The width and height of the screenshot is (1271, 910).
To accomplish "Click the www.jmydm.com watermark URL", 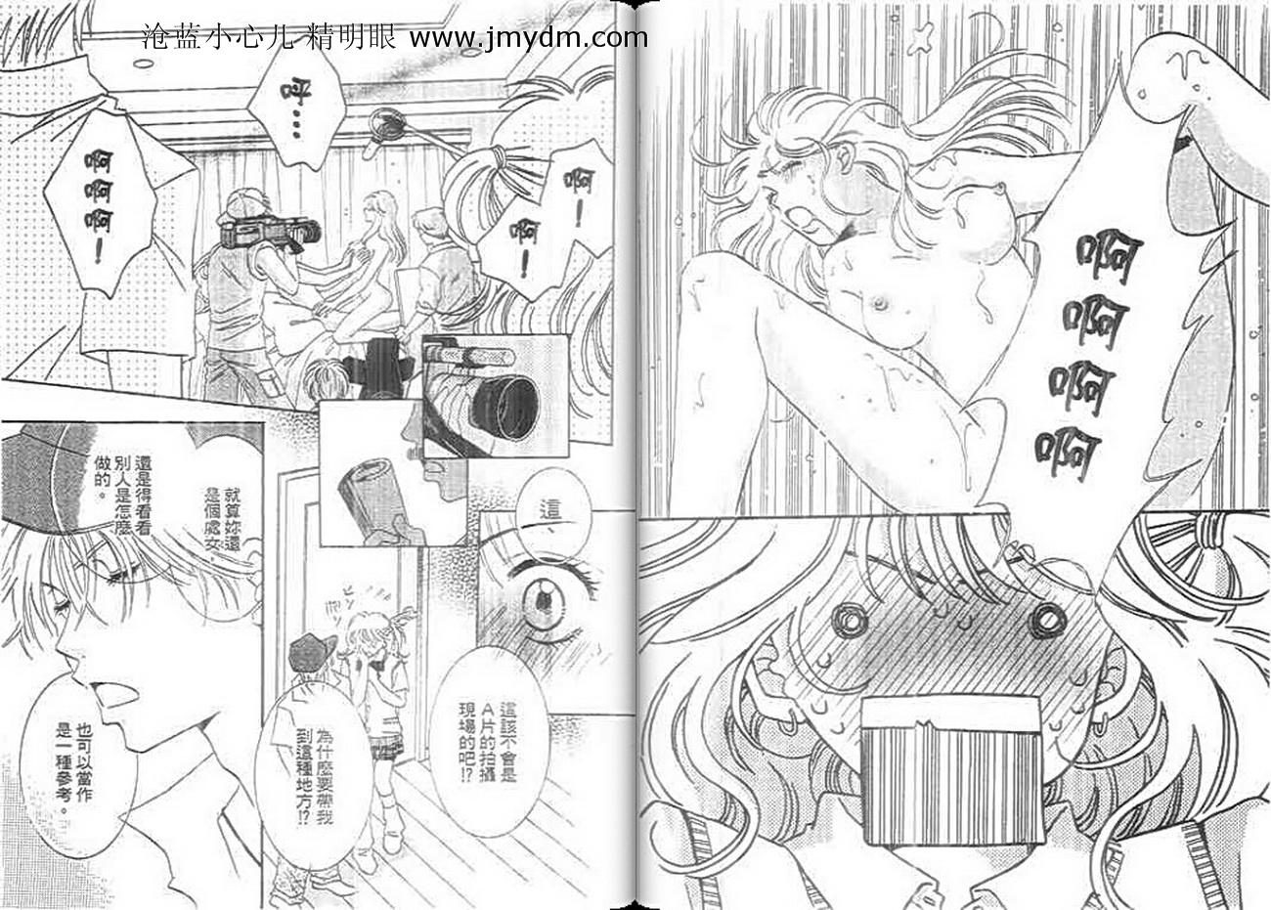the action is tap(528, 37).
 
